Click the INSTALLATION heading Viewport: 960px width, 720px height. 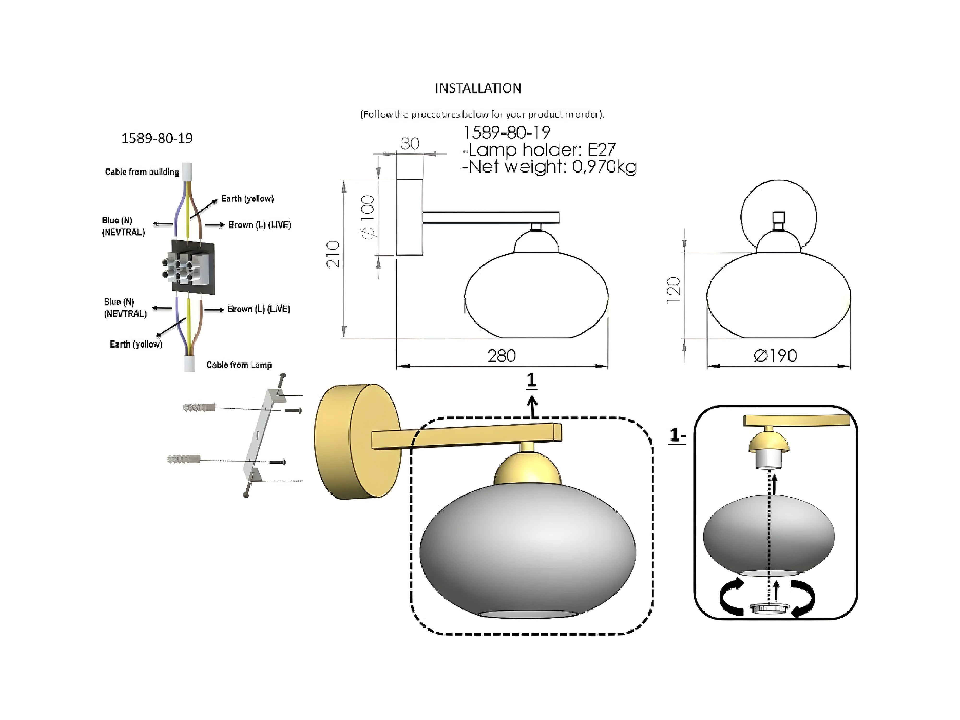point(478,89)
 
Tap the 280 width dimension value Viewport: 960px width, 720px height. point(501,356)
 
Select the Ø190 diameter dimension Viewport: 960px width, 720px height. point(775,356)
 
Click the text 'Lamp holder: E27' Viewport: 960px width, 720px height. point(542,150)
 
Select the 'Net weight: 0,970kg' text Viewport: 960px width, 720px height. point(549,167)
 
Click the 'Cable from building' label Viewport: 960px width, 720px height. point(142,172)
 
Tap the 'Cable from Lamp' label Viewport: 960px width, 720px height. point(239,365)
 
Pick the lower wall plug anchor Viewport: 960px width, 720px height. point(184,459)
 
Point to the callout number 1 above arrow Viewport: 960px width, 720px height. point(531,380)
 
